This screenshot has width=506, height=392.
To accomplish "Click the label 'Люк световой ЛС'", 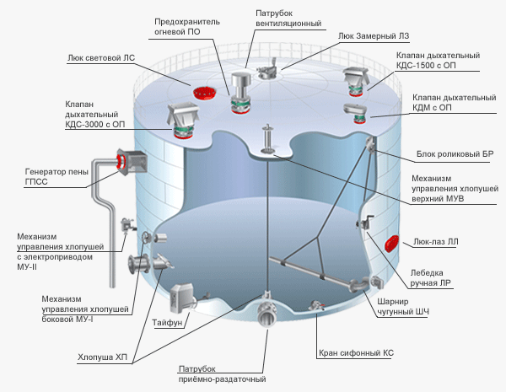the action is point(101,58).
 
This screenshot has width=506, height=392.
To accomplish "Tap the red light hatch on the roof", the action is point(204,93).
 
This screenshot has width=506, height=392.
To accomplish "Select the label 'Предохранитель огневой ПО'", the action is point(187,27).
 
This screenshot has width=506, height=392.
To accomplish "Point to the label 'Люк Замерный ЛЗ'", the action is point(374,35).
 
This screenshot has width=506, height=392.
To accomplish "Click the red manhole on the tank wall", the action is point(392,243).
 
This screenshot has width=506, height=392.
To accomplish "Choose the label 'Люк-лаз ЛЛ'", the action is point(436,242).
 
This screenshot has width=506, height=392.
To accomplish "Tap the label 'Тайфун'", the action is point(167,322).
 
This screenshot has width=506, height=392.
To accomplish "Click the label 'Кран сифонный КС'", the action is point(356,353).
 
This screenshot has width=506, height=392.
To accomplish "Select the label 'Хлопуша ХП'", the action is point(102,357).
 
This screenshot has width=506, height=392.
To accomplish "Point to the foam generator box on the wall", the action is point(132,162).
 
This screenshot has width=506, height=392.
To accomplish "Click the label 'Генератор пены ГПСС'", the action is point(57,176).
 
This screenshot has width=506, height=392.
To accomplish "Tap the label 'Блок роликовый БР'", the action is point(455,154).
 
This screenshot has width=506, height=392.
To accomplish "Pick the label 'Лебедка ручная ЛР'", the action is point(430,278).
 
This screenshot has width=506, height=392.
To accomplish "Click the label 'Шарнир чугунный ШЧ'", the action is point(403,307).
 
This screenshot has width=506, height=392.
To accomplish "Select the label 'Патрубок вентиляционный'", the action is point(288,18).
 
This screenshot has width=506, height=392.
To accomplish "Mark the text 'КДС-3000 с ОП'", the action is point(94,124).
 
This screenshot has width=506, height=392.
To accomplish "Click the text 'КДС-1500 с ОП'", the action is point(426,66).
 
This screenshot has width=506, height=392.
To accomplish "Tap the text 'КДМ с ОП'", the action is point(432,107).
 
